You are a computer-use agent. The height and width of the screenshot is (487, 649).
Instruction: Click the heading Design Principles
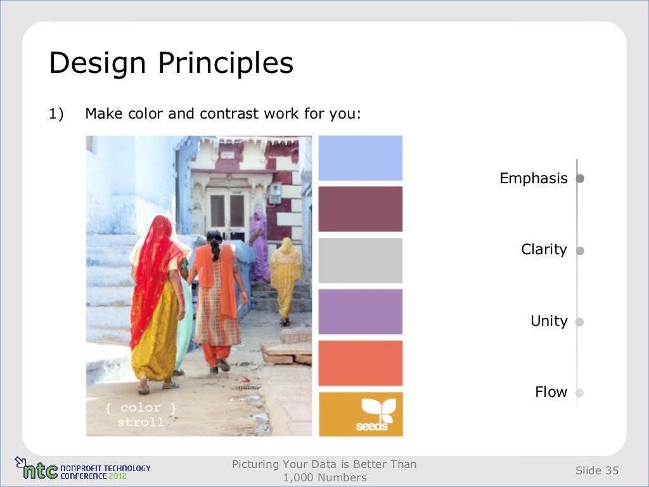coord(171,64)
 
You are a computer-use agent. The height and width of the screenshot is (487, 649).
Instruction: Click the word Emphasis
coord(533,179)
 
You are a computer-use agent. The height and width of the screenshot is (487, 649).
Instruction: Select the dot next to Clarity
coord(579,250)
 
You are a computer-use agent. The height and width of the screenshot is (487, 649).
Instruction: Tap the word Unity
coord(549,321)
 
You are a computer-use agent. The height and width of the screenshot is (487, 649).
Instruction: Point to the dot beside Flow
coord(579,393)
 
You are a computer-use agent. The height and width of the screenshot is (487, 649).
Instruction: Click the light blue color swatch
coord(360,158)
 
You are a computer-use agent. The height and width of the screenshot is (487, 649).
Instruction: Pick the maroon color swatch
coord(360,209)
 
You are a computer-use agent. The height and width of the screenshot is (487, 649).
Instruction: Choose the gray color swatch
coord(360,260)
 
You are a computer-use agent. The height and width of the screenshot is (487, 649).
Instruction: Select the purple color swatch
coord(360,311)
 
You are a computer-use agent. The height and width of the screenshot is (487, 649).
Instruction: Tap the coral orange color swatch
coord(360,363)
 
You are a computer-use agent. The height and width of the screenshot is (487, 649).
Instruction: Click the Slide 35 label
coord(596,471)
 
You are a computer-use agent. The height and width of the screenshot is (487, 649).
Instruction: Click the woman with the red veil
coord(155,298)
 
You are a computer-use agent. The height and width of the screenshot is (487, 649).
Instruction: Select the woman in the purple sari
coord(259,244)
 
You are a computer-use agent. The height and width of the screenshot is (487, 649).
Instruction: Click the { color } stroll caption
coord(141,415)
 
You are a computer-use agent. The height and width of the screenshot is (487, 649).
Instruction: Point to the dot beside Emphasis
coord(579,179)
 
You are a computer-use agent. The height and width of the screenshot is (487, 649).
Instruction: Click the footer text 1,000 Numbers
coord(324,477)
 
